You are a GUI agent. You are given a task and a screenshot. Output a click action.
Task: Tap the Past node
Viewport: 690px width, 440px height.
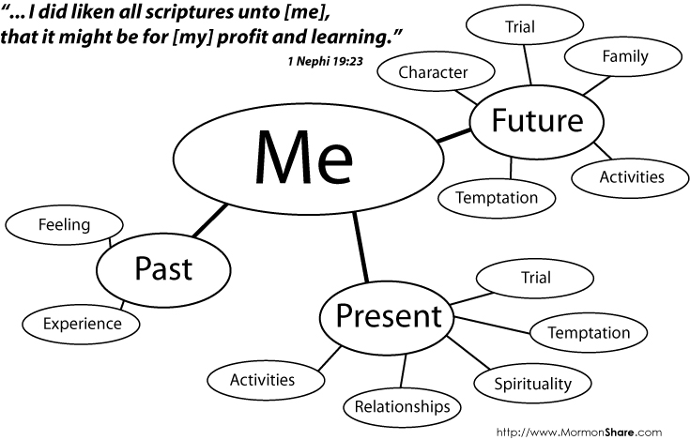tap(163, 268)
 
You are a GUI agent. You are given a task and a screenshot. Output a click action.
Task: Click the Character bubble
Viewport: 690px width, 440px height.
tap(433, 72)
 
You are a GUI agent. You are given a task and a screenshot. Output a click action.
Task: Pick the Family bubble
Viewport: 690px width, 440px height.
tap(624, 56)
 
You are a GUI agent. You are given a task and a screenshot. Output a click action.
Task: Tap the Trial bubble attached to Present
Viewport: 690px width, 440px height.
tap(535, 277)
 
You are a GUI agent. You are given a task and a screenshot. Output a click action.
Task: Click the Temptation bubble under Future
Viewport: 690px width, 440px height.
tap(497, 198)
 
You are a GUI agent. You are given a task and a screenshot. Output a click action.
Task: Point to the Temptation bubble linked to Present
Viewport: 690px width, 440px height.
tap(589, 332)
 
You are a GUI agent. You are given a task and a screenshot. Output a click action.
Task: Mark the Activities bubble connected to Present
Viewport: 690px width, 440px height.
tap(263, 380)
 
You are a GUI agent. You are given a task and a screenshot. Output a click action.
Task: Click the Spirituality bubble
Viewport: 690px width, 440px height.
tap(533, 384)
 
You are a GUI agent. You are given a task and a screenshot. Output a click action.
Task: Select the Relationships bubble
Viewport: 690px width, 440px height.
tap(402, 406)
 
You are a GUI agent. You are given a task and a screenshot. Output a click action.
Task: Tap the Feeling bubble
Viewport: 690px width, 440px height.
tap(64, 225)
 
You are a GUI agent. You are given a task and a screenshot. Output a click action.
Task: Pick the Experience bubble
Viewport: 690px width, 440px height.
tap(83, 324)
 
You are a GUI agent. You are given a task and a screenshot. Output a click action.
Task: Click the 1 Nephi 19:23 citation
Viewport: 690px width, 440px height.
tap(327, 61)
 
